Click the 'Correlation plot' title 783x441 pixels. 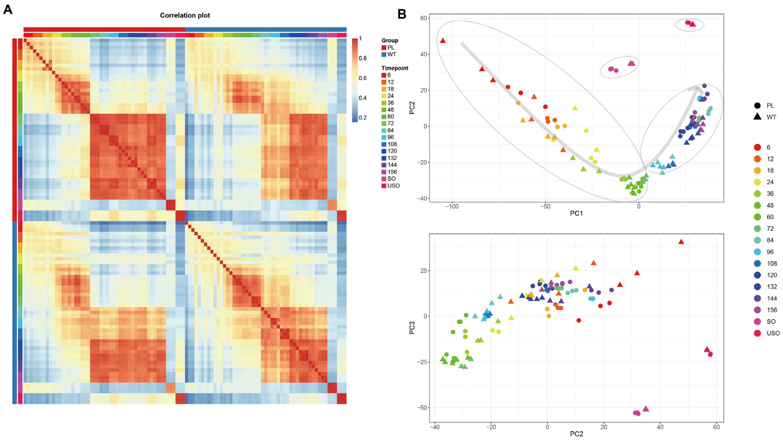point(185,15)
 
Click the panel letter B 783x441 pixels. point(402,14)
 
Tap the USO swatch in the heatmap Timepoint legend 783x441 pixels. point(384,186)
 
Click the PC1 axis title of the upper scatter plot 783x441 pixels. point(576,213)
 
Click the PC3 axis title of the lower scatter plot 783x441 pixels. point(412,328)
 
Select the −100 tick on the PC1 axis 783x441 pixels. point(452,206)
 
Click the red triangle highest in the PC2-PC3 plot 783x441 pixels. point(681,242)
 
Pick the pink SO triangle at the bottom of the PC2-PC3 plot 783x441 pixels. point(646,409)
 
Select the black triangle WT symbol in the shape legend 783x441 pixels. point(757,117)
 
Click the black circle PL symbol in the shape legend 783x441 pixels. point(757,105)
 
